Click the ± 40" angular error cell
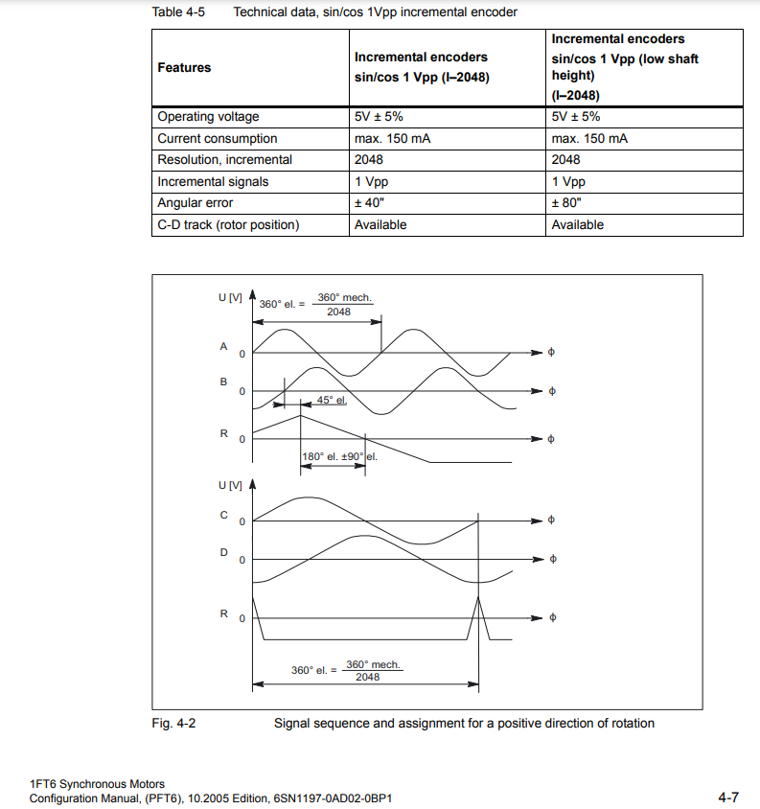[369, 203]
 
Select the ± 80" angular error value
[566, 203]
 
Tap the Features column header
[184, 68]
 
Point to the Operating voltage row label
[208, 117]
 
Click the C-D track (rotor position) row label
[228, 225]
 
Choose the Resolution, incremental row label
[224, 160]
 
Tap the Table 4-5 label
[179, 12]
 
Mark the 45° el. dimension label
[331, 401]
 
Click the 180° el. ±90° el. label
[339, 456]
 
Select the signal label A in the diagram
[223, 345]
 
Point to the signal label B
[223, 381]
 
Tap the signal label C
[223, 515]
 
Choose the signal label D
[223, 552]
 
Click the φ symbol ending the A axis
[550, 353]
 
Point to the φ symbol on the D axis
[550, 559]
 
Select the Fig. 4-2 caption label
[173, 724]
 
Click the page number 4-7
[728, 797]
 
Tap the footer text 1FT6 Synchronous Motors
[97, 785]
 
